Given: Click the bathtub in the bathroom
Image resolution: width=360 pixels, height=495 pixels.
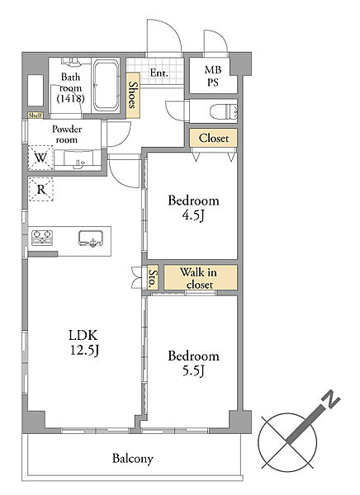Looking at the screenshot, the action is tap(107, 85).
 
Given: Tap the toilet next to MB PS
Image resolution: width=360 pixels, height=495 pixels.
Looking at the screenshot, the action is tap(224, 111).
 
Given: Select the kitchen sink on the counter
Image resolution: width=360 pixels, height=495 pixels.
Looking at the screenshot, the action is tap(91, 238).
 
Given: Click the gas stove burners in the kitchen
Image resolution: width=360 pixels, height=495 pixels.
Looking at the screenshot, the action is tap(42, 238).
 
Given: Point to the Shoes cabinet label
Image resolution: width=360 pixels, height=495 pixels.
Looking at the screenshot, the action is tap(133, 95).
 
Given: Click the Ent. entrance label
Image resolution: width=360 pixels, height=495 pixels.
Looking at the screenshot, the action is tap(159, 73).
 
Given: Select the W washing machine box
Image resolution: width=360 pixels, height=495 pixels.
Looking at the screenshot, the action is tap(40, 158).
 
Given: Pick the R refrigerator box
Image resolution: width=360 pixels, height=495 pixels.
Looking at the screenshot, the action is tap(41, 189).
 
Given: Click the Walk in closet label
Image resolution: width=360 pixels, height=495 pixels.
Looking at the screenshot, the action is tap(199, 278).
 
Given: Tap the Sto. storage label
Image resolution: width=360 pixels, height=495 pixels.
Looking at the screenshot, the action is tap(153, 278).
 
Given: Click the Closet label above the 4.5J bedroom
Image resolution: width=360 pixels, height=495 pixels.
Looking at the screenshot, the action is tap(214, 138).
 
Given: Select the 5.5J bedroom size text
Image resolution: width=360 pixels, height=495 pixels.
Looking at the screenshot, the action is tap(193, 370).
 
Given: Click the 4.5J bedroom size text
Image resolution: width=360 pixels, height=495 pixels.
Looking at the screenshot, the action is tap(193, 215).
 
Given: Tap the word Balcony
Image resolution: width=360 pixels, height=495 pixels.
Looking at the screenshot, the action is tap(133, 458).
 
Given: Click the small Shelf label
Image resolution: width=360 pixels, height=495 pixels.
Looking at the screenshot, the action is tap(36, 115).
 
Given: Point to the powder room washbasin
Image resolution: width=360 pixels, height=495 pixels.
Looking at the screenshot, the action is tap(78, 159).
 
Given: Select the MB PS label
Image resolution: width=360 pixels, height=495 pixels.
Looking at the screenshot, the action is tap(213, 76).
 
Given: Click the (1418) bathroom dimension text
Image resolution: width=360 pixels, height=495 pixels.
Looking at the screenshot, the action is tap(70, 98).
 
